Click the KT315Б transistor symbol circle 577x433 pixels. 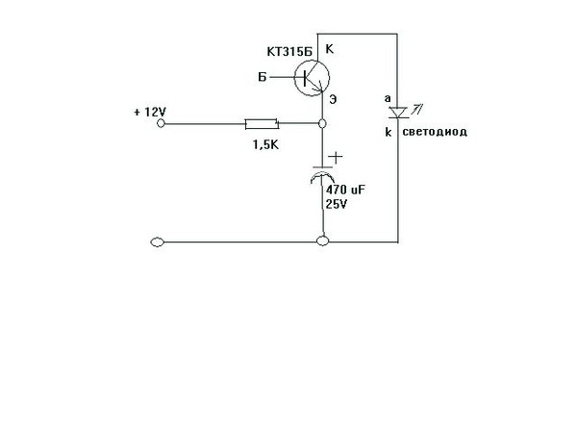coord(312,61)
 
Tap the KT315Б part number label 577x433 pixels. coord(289,52)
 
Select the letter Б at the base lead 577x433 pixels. coord(262,77)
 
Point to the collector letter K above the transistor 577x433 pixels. coord(329,49)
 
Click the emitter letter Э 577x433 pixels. coord(333,99)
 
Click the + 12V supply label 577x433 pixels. coord(150,112)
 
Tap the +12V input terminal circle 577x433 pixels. coord(161,123)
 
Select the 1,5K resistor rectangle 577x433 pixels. coord(262,124)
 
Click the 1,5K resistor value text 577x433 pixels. coord(265,144)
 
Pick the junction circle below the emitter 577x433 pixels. coord(322,124)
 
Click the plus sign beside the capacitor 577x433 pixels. coord(336,158)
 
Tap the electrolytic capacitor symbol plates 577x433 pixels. coord(323,174)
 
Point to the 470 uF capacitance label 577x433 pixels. coord(345,190)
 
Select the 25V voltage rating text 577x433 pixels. coord(337,204)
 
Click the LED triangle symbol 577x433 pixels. coord(398,113)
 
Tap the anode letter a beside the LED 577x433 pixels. coord(388,99)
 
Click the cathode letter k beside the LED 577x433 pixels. coord(389,132)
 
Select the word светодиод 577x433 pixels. coord(435,132)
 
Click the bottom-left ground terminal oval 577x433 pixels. coord(158,242)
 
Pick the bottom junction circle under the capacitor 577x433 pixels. coord(323,242)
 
